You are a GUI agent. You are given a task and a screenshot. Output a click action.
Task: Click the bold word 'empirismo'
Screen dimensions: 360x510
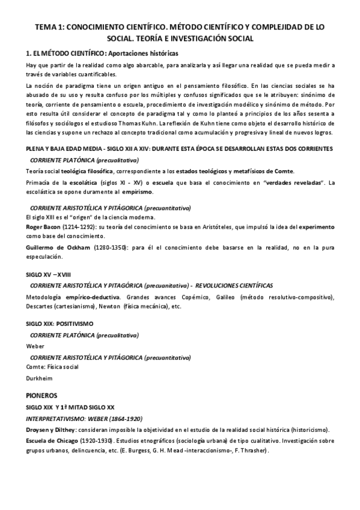pyautogui.click(x=138, y=192)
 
